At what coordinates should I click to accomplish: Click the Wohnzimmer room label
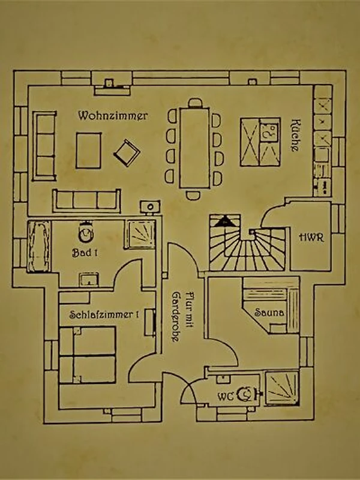click(x=113, y=116)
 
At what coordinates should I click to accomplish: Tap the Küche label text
click(x=295, y=135)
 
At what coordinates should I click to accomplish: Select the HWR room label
click(x=311, y=237)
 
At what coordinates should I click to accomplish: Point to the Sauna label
click(x=269, y=313)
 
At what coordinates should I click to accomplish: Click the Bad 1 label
click(x=85, y=253)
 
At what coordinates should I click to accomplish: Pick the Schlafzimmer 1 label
click(x=104, y=314)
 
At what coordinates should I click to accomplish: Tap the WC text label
click(x=226, y=397)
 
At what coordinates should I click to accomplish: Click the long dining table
click(x=194, y=147)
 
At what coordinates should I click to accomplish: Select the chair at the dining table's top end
click(x=195, y=103)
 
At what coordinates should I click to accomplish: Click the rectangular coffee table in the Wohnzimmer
click(x=88, y=151)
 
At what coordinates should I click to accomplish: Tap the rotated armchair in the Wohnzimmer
click(x=127, y=153)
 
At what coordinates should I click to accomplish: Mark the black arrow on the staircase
click(x=224, y=221)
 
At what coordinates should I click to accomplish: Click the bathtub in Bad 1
click(x=39, y=247)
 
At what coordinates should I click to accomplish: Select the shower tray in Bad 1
click(x=140, y=234)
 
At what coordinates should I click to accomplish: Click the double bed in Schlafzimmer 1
click(x=88, y=355)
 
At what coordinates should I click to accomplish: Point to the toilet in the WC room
click(x=247, y=394)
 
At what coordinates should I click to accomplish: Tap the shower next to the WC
click(x=281, y=388)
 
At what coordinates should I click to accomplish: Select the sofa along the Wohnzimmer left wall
click(x=44, y=146)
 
